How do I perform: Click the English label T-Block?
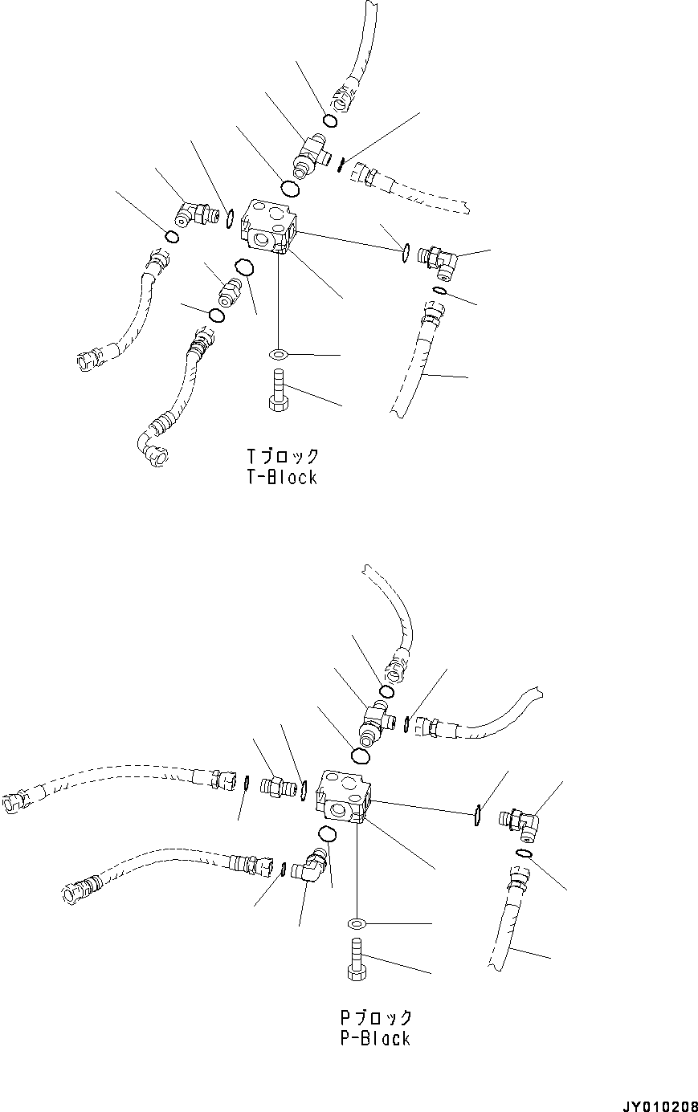click(282, 477)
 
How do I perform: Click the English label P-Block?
click(374, 1038)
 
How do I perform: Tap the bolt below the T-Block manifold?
click(277, 391)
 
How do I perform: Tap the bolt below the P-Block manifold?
click(357, 959)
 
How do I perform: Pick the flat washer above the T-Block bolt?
click(277, 354)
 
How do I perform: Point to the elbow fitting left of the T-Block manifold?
click(194, 214)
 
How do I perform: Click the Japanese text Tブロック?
click(283, 456)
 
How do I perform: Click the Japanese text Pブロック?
click(375, 1017)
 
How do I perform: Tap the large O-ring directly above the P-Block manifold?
click(361, 756)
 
